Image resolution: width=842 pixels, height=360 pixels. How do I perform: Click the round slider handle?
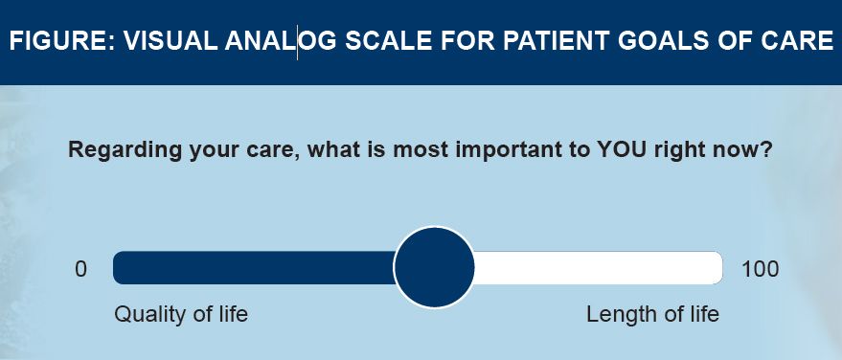pos(434,267)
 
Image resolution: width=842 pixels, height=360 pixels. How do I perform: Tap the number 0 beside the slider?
pos(80,269)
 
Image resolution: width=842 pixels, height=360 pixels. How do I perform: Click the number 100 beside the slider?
pos(760,269)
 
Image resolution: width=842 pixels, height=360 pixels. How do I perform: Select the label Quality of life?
pos(181,314)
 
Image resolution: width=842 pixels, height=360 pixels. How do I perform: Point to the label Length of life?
pos(652,314)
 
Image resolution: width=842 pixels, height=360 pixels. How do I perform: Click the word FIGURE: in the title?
pos(62,41)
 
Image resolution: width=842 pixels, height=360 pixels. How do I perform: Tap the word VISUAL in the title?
pos(171,41)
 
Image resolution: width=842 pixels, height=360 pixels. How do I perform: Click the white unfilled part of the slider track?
pos(598,268)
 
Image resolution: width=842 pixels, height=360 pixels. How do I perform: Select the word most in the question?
pos(421,150)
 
